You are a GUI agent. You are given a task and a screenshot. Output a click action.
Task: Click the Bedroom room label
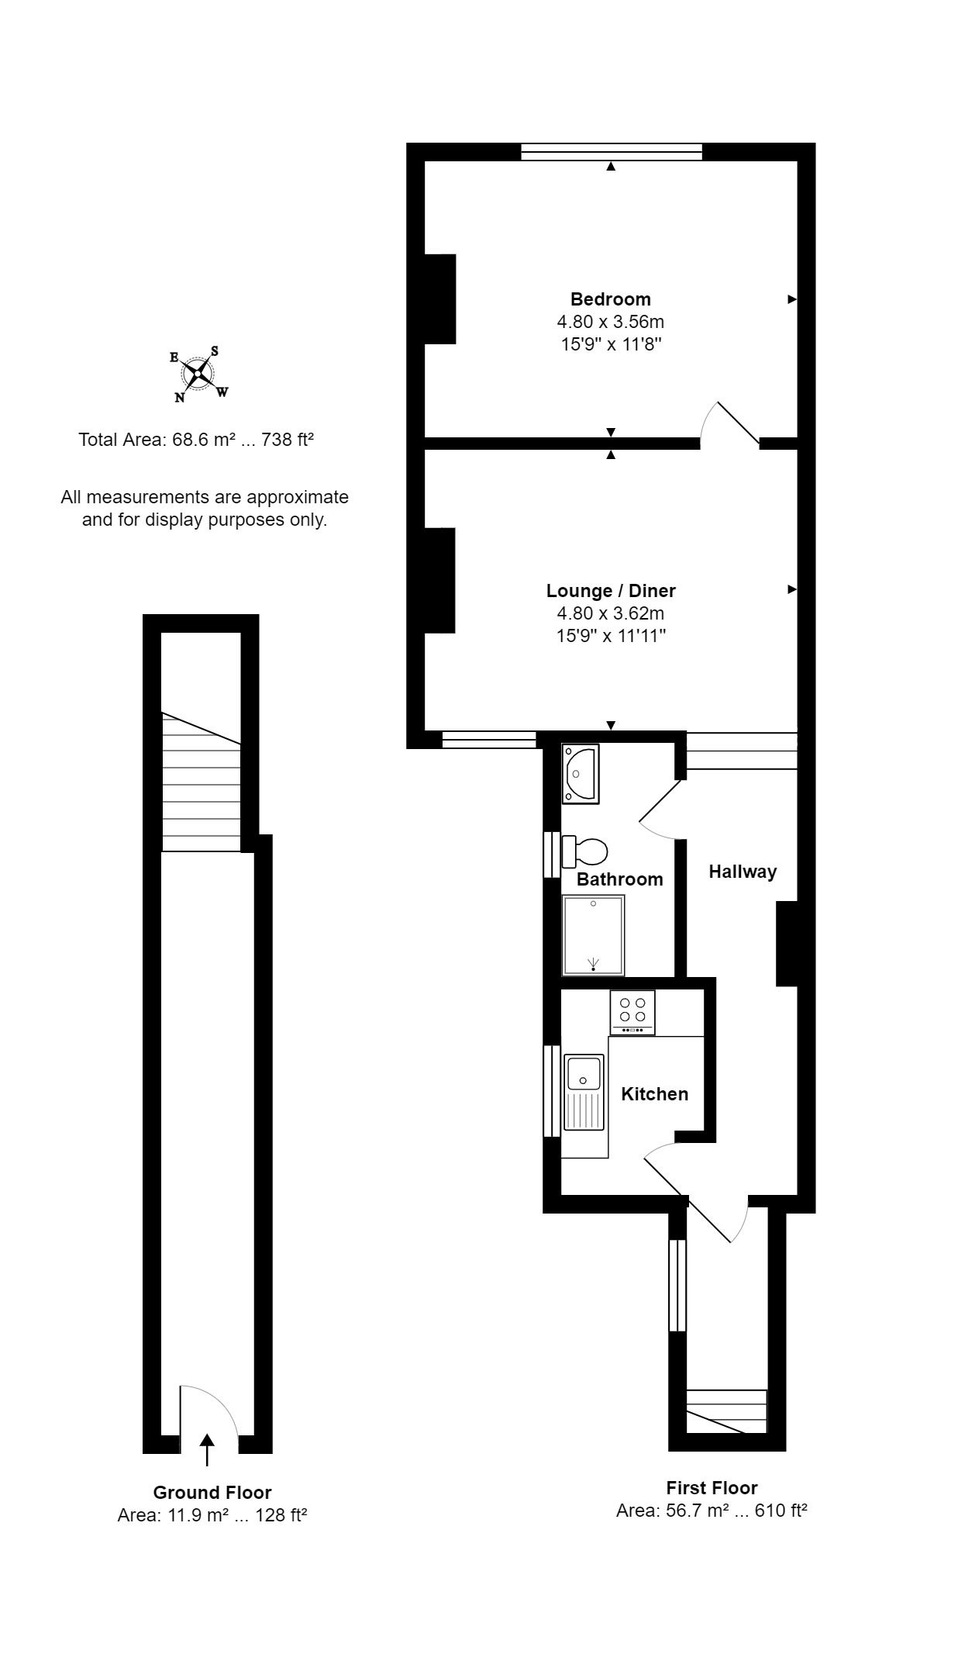[x=611, y=299]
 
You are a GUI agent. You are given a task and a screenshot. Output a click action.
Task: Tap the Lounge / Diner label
[x=611, y=591]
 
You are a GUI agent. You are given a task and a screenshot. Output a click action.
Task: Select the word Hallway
[x=743, y=872]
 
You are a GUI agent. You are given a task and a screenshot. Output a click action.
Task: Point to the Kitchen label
[x=655, y=1093]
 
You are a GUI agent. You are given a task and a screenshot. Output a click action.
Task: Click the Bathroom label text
[x=620, y=879]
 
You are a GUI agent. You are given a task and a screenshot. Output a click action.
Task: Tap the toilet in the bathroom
[x=584, y=851]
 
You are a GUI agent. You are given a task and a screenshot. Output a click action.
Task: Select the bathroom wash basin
[x=581, y=773]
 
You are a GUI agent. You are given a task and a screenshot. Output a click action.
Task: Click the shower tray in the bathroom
[x=593, y=935]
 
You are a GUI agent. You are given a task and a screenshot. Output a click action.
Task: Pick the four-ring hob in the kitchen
[x=632, y=1013]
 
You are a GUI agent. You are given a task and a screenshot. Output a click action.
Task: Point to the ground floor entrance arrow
[x=207, y=1450]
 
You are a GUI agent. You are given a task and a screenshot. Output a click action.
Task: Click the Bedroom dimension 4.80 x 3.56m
[x=611, y=321]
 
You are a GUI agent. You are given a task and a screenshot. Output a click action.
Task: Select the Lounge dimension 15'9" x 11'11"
[x=611, y=636]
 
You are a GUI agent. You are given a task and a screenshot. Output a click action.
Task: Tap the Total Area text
[x=196, y=440]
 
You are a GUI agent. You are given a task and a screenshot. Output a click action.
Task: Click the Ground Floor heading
[x=212, y=1493]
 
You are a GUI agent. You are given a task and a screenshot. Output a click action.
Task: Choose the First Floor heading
[x=712, y=1488]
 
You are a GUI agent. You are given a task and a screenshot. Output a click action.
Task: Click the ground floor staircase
[x=201, y=782]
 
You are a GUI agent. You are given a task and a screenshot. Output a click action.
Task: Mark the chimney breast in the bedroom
[x=439, y=299]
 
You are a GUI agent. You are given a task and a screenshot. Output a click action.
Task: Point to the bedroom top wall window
[x=612, y=152]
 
